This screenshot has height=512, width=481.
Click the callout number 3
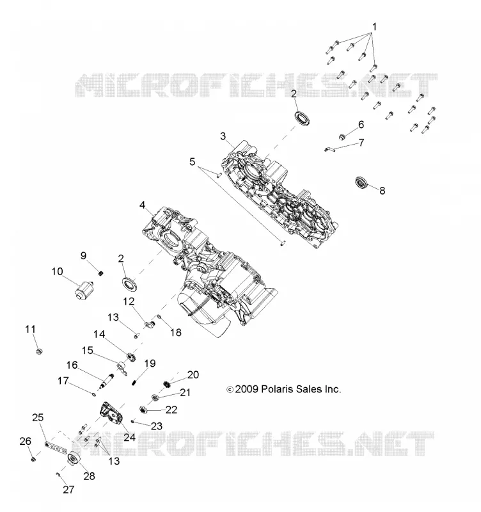click(223, 136)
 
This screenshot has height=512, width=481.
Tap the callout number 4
click(142, 205)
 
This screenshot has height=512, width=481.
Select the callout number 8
click(382, 190)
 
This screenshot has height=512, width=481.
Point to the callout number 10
click(57, 271)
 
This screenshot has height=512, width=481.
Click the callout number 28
click(89, 476)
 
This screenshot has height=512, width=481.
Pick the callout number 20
click(193, 374)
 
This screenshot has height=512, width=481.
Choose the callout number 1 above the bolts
click(374, 27)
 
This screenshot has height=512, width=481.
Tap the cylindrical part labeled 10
click(83, 289)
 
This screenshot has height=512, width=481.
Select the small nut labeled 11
click(39, 351)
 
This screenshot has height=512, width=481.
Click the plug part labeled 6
click(342, 137)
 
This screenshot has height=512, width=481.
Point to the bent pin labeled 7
click(329, 149)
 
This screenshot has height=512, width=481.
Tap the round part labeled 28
click(73, 460)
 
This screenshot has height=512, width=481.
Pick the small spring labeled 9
click(101, 273)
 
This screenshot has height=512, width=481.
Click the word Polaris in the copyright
click(278, 389)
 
